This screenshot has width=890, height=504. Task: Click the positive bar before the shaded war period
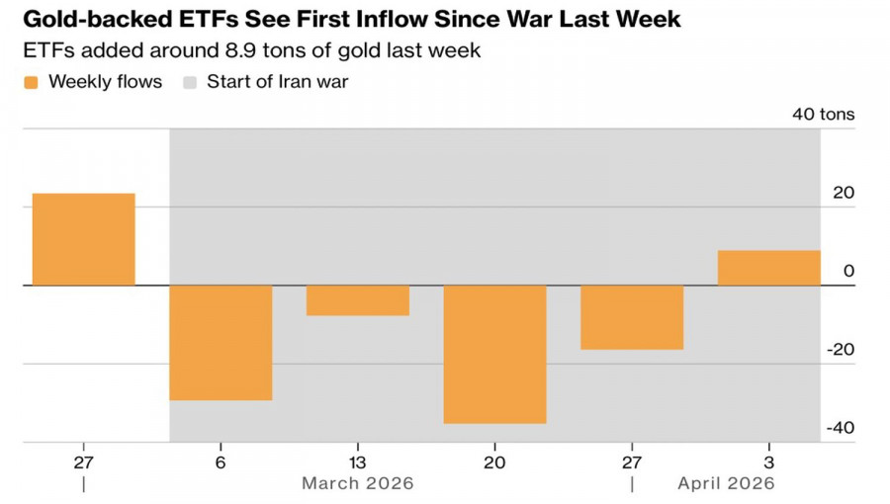click(83, 239)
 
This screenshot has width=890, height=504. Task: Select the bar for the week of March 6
click(221, 342)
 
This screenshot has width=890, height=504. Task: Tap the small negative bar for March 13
click(358, 300)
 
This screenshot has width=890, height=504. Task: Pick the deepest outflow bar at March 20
click(494, 354)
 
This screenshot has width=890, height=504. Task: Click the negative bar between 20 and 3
click(632, 317)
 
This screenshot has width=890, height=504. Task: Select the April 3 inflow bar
click(768, 268)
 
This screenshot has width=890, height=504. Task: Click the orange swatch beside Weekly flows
click(31, 83)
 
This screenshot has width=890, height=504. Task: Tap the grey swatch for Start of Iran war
click(190, 83)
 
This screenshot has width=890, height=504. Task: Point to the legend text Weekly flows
click(105, 83)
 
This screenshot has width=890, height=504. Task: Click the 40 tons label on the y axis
click(823, 115)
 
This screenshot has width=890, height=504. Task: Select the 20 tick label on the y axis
click(843, 194)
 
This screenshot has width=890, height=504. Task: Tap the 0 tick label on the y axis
click(848, 272)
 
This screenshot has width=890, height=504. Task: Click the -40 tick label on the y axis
click(841, 429)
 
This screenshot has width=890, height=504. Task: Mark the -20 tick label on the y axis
click(841, 350)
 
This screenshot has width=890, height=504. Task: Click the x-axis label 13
click(358, 462)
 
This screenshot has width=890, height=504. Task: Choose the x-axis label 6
click(221, 462)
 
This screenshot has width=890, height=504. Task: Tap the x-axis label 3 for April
click(769, 462)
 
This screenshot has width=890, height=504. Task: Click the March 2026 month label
click(358, 483)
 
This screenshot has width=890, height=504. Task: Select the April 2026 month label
click(726, 483)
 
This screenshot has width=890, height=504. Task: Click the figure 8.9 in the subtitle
click(210, 49)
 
